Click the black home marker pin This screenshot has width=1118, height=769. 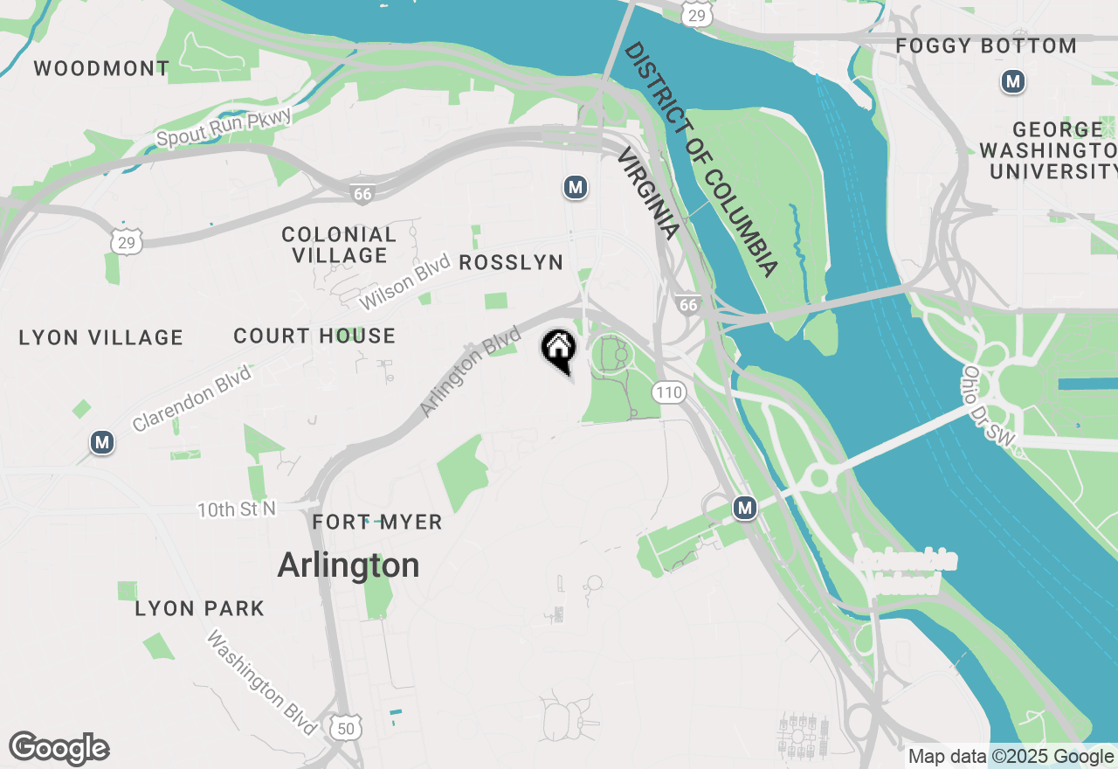(x=559, y=350)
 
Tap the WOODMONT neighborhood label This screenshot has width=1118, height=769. (x=102, y=68)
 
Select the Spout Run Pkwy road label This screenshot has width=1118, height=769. (x=223, y=127)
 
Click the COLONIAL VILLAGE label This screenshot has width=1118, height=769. (x=339, y=246)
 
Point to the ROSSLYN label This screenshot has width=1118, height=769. (x=511, y=263)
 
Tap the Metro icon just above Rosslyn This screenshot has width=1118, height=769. (x=575, y=186)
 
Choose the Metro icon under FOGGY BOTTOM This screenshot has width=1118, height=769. (x=1012, y=82)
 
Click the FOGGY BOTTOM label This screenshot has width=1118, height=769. (x=986, y=46)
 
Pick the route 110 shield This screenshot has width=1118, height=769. (x=669, y=392)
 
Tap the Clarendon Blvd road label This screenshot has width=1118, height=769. (x=191, y=398)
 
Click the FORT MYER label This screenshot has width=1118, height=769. (x=377, y=523)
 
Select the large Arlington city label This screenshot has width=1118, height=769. (x=348, y=565)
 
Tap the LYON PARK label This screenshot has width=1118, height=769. (x=199, y=609)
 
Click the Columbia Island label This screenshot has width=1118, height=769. (x=906, y=572)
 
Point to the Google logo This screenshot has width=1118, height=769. (x=59, y=748)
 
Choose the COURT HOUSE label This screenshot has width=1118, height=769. (x=314, y=336)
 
